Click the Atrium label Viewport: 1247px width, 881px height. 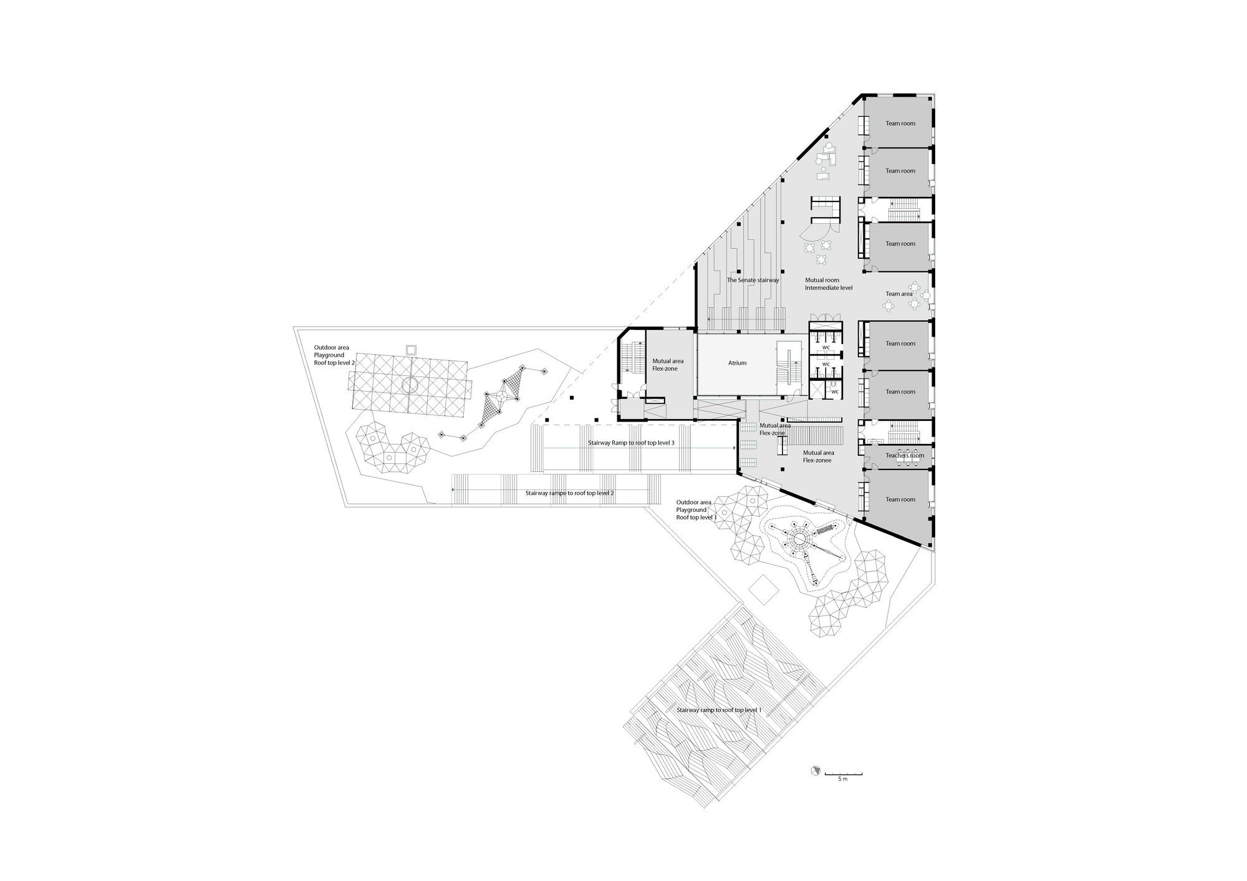pyautogui.click(x=737, y=363)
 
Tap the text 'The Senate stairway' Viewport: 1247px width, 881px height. pyautogui.click(x=753, y=281)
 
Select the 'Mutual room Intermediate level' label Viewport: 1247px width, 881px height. pyautogui.click(x=829, y=284)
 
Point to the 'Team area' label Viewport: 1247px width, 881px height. pyautogui.click(x=899, y=294)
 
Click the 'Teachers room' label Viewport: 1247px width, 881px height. pyautogui.click(x=905, y=456)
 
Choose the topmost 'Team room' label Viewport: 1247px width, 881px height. pyautogui.click(x=900, y=123)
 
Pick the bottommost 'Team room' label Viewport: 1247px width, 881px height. pyautogui.click(x=900, y=499)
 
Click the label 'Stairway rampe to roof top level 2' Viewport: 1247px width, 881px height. pyautogui.click(x=570, y=493)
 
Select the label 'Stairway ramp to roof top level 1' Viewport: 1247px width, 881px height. pyautogui.click(x=719, y=710)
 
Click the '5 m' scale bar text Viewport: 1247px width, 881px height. pyautogui.click(x=843, y=779)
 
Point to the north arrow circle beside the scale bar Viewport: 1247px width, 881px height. pyautogui.click(x=814, y=771)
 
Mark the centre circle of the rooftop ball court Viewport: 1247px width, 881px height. pyautogui.click(x=410, y=385)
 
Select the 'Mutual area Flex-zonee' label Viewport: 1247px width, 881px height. pyautogui.click(x=818, y=457)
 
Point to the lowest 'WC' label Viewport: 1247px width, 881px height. pyautogui.click(x=834, y=392)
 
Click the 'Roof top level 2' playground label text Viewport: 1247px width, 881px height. pyautogui.click(x=334, y=362)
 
